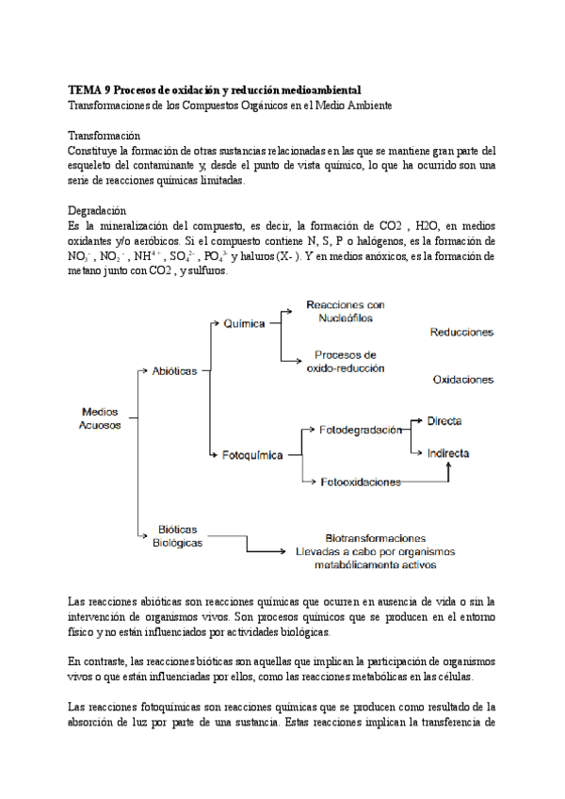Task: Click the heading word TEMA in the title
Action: point(87,90)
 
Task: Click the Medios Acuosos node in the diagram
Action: point(100,418)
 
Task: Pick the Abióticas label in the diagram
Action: point(174,371)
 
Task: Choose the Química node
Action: point(245,323)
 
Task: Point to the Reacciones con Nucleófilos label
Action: point(346,312)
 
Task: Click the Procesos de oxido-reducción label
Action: point(346,362)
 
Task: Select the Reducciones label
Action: point(461,332)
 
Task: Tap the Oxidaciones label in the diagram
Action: point(463,380)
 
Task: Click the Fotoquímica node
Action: point(252,455)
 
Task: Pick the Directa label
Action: point(444,420)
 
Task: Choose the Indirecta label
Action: point(448,452)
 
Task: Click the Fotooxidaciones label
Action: point(361,481)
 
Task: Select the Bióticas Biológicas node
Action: point(177,536)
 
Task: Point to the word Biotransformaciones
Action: point(374,538)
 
